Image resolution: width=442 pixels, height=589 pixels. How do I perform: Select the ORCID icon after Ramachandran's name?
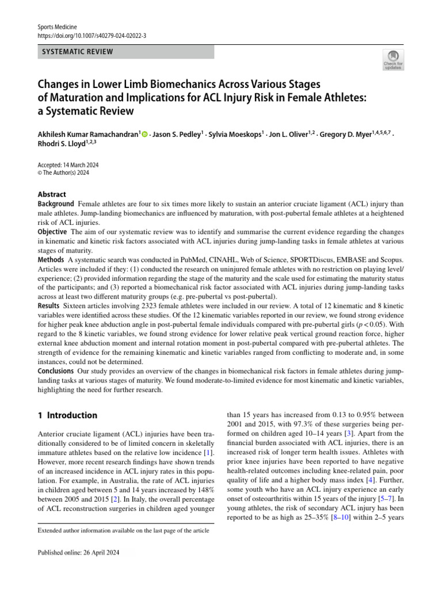(x=144, y=135)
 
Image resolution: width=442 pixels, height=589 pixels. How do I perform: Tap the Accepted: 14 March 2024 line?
(x=68, y=164)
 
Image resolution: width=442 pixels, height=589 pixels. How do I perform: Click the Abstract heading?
(x=52, y=194)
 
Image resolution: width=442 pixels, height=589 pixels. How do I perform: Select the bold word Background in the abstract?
(x=56, y=204)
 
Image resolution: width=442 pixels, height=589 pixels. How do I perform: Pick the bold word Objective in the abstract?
(x=53, y=232)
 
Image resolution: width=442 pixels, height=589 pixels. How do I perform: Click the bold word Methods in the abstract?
(x=51, y=260)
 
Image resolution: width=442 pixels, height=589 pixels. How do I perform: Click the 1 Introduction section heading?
(x=67, y=415)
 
